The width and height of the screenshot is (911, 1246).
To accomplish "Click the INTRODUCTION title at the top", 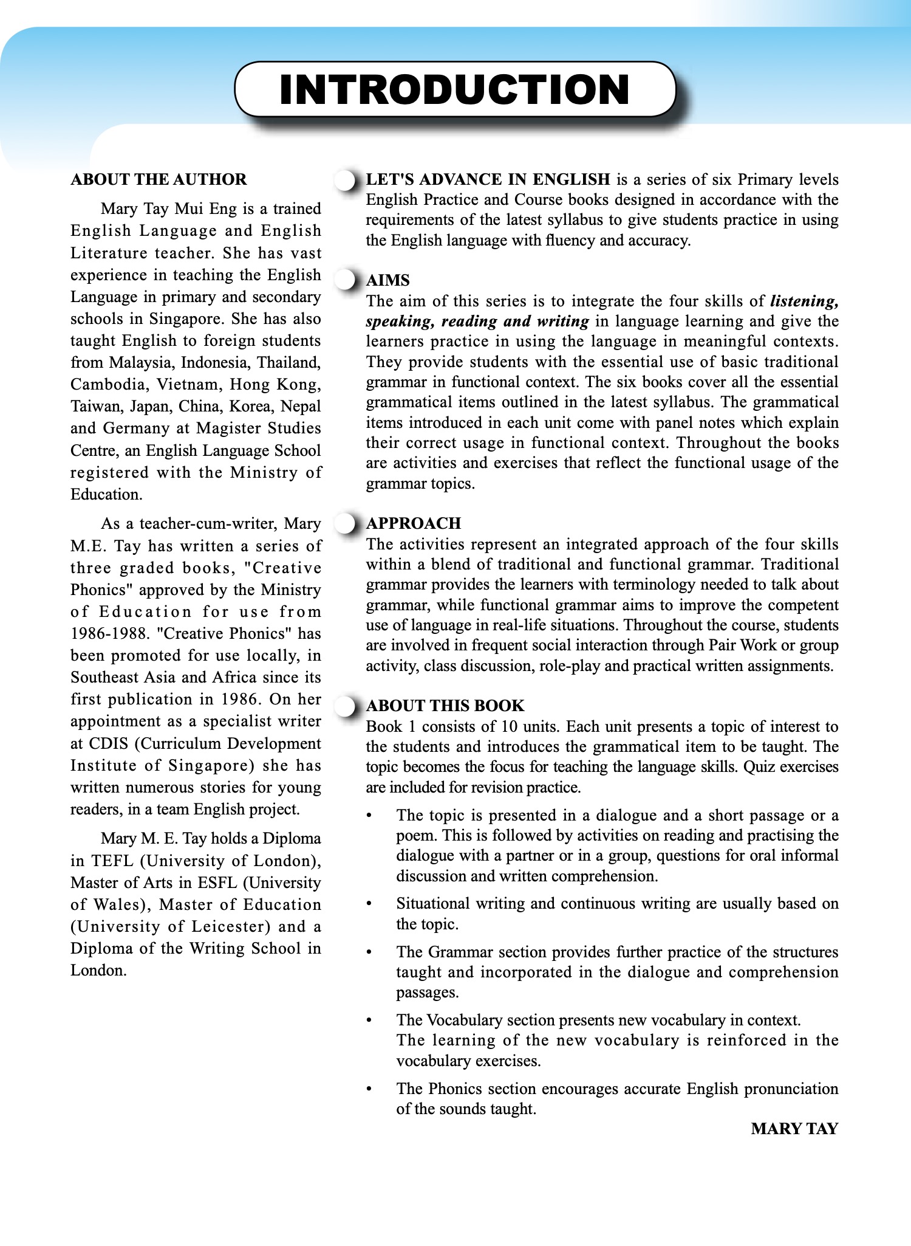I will pyautogui.click(x=454, y=89).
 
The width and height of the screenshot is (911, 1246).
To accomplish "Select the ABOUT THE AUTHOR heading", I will pyautogui.click(x=159, y=179).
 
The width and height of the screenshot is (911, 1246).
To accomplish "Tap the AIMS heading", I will pyautogui.click(x=387, y=280).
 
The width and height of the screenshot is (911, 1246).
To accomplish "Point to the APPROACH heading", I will pyautogui.click(x=413, y=523).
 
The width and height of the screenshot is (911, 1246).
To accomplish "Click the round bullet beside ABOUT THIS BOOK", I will pyautogui.click(x=345, y=706).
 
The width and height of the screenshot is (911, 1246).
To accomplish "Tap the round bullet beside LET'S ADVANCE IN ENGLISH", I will pyautogui.click(x=345, y=180).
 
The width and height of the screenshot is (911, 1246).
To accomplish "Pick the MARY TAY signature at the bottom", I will pyautogui.click(x=794, y=1129).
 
